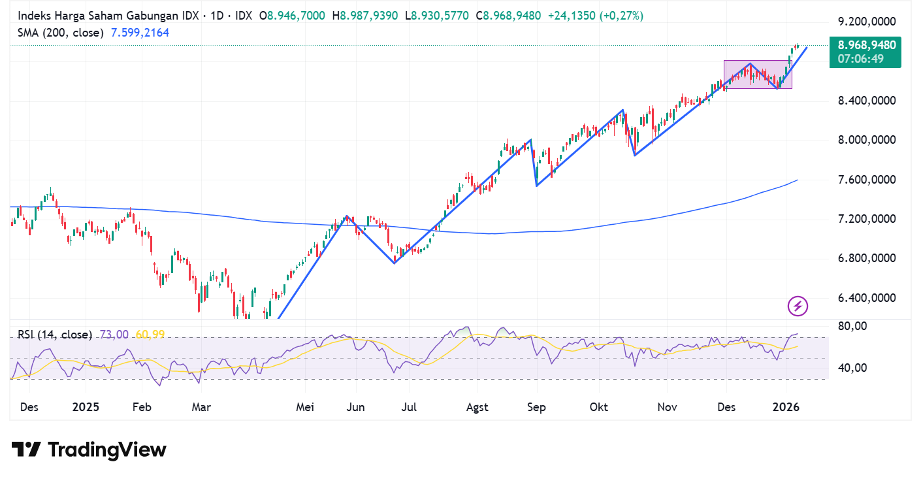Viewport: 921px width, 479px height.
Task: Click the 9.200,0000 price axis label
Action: point(866,22)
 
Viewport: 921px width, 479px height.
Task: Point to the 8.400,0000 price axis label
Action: point(866,101)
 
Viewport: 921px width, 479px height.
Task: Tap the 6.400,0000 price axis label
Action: point(866,298)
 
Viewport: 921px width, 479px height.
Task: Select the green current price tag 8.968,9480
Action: point(865,44)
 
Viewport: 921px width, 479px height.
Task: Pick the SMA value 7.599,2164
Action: point(139,32)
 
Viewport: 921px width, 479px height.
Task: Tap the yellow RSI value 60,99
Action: point(150,335)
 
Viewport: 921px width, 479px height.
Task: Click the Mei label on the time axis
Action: point(305,407)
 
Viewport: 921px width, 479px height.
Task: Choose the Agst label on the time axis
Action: point(477,407)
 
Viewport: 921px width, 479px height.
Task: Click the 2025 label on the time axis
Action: point(86,407)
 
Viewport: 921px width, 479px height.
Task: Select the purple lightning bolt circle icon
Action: point(798,305)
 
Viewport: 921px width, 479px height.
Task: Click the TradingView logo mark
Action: point(26,450)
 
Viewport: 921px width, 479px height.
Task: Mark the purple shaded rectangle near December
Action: point(758,74)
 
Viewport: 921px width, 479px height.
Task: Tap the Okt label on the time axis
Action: point(598,407)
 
